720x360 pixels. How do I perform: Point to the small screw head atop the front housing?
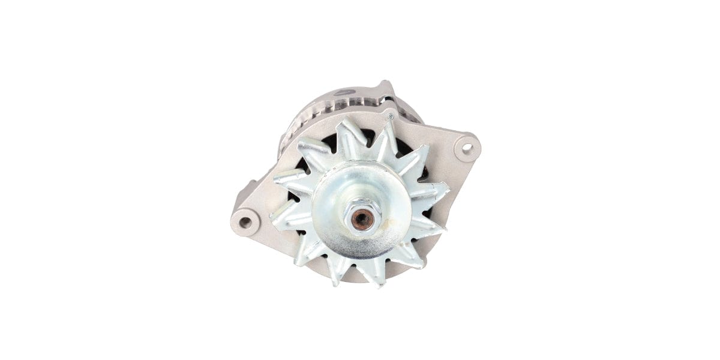[x=390, y=116]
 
